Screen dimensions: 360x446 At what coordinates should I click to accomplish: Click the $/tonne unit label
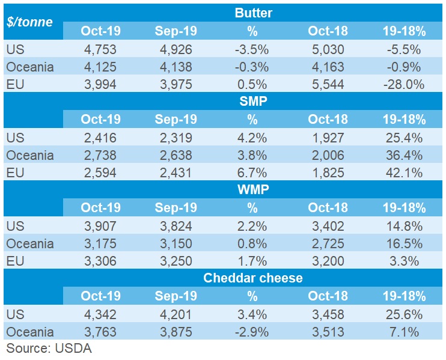(29, 22)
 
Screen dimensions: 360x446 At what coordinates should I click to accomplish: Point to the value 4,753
(101, 49)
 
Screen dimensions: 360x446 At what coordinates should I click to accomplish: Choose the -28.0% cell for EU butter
(403, 84)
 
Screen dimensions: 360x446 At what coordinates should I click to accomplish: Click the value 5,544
(328, 84)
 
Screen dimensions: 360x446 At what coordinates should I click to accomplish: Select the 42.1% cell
(403, 172)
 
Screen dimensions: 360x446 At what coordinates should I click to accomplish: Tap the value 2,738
(101, 155)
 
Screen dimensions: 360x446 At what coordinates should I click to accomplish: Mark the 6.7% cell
(252, 172)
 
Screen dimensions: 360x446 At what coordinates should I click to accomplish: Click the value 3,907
(101, 226)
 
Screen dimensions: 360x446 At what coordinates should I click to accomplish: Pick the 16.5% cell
(403, 243)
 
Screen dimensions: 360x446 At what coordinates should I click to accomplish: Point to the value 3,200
(328, 261)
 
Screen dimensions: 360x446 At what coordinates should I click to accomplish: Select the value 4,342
(101, 314)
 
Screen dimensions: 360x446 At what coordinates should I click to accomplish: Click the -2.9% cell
(252, 332)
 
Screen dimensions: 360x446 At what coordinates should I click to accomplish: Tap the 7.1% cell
(403, 332)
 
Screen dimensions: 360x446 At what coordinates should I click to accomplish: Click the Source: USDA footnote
(49, 349)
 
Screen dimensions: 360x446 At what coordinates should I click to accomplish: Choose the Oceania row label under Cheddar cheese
(29, 332)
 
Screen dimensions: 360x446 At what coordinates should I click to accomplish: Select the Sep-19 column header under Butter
(176, 31)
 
